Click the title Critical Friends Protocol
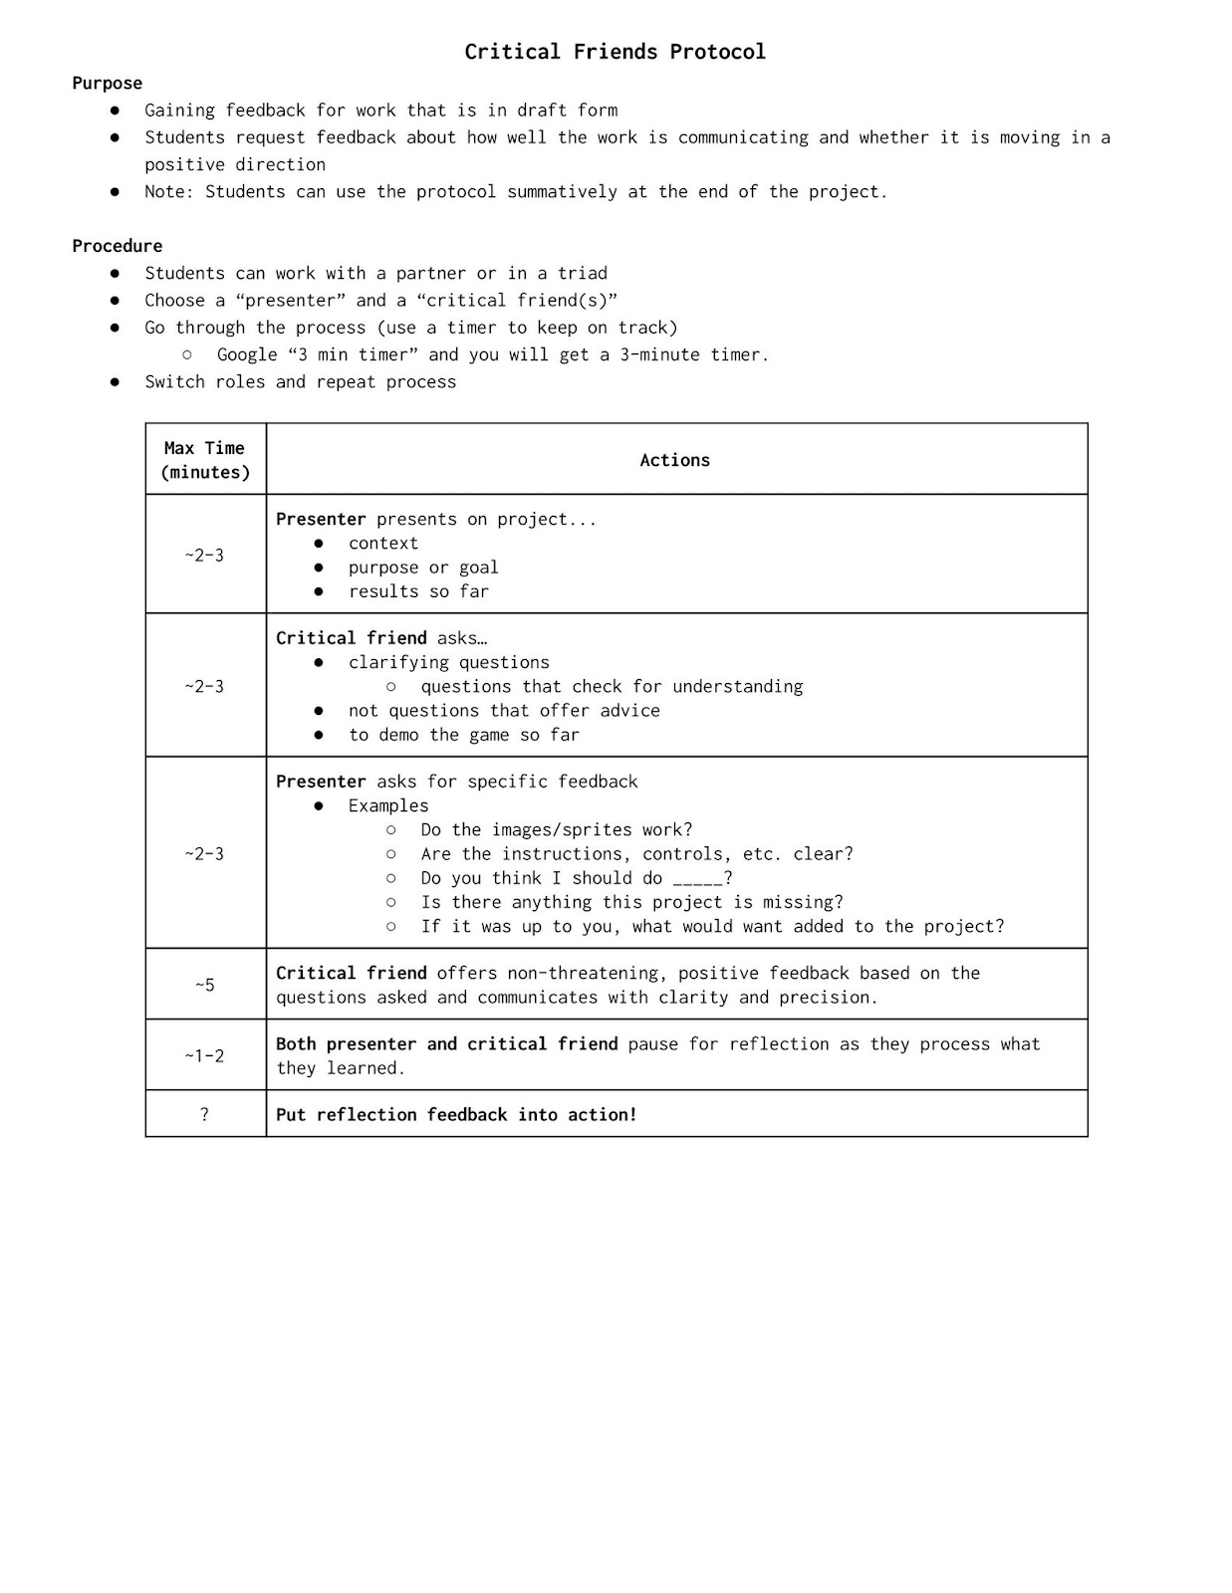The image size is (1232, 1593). pyautogui.click(x=615, y=52)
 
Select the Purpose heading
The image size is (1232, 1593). pyautogui.click(x=107, y=84)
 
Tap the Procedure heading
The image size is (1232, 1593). pyautogui.click(x=117, y=246)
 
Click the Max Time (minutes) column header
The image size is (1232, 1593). pyautogui.click(x=205, y=460)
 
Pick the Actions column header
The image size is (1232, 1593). pyautogui.click(x=674, y=460)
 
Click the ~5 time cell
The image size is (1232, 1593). pyautogui.click(x=205, y=985)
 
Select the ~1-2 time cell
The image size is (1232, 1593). pyautogui.click(x=205, y=1055)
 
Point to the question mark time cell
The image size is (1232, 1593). pyautogui.click(x=205, y=1114)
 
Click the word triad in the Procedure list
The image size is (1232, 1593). pyautogui.click(x=583, y=273)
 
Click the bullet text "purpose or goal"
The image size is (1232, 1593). pyautogui.click(x=423, y=568)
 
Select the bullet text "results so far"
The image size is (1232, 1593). pyautogui.click(x=418, y=591)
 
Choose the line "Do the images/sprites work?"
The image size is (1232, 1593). pyautogui.click(x=556, y=830)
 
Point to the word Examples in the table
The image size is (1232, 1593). pyautogui.click(x=388, y=805)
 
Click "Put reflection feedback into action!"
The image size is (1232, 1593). pyautogui.click(x=456, y=1115)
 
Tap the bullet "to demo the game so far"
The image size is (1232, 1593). pyautogui.click(x=463, y=735)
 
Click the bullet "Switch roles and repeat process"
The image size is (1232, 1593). pyautogui.click(x=300, y=382)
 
